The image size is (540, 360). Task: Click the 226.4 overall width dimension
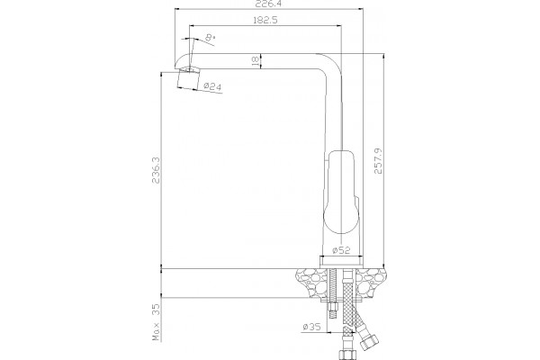268,4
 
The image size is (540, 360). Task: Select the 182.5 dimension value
265,20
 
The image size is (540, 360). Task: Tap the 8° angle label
211,38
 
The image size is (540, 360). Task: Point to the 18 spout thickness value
256,61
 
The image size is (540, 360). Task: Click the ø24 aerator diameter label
212,86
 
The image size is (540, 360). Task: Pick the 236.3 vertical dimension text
156,170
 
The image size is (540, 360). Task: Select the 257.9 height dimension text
378,161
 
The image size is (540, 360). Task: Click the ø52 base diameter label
341,250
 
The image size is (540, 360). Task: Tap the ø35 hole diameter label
311,327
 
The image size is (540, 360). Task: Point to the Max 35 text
157,322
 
